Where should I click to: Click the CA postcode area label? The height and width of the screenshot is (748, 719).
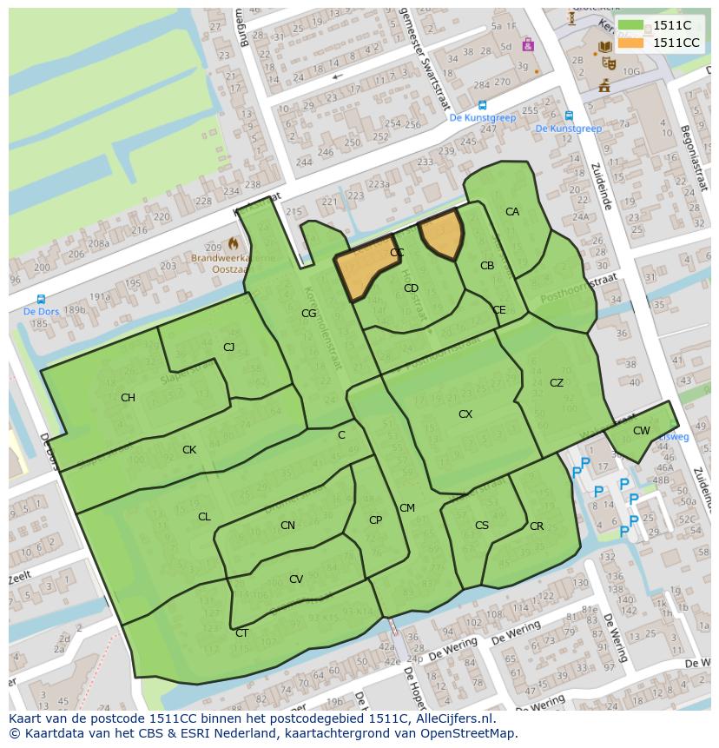point(512,212)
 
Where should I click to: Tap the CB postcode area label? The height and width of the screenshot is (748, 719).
point(487,266)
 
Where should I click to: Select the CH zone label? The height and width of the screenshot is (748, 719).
point(128,398)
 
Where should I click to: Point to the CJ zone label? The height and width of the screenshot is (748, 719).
point(229,348)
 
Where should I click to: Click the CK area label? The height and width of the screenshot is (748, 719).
point(189,450)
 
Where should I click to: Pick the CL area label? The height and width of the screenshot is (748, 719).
point(204,517)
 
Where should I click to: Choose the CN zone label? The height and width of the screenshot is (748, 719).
point(287,526)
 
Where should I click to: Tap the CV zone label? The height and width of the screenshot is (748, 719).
point(296,579)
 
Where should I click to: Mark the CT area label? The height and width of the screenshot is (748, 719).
point(241,633)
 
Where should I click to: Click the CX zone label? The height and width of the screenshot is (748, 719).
point(465,414)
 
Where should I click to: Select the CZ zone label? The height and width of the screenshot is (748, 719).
point(557,383)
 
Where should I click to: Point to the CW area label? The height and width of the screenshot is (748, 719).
point(642,431)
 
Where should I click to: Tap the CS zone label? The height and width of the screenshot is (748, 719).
point(482,526)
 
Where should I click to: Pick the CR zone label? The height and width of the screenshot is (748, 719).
point(537,526)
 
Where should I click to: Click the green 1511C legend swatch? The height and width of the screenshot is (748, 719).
point(631,26)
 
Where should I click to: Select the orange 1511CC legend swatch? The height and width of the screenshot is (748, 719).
point(631,43)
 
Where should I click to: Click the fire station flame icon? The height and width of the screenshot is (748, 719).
point(233,245)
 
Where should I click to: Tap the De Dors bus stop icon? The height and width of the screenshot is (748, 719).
point(41,300)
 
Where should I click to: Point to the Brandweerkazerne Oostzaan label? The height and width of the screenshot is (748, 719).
point(233,263)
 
